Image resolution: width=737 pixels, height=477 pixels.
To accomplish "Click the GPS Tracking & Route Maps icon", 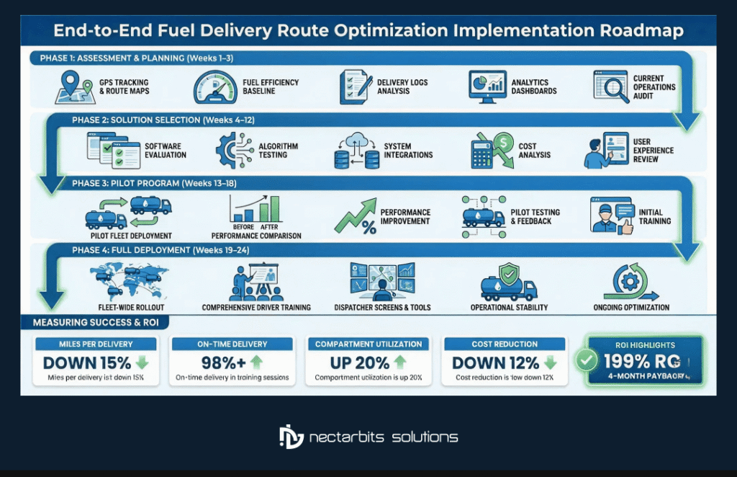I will click(x=75, y=87).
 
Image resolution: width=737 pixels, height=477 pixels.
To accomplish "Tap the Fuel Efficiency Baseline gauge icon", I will click(x=214, y=88).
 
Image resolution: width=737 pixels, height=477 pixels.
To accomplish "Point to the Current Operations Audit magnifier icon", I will click(x=608, y=88).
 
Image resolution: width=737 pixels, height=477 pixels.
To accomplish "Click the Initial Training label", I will click(x=654, y=216).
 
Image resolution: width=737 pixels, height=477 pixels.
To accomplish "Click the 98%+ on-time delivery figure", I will click(x=221, y=362).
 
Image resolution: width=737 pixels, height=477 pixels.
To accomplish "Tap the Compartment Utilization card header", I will click(x=368, y=344).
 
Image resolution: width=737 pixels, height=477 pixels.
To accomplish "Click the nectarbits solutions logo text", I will click(x=384, y=437).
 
